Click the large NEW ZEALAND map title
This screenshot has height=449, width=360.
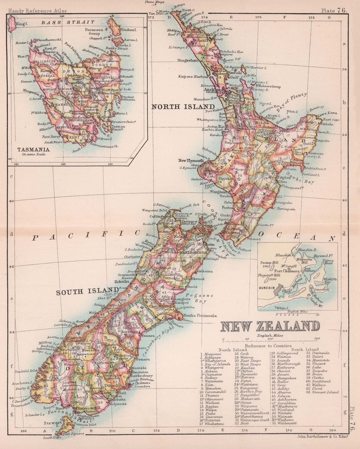[x=270, y=326]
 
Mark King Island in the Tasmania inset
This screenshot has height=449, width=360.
[x=11, y=24]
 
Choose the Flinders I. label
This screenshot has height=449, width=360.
[x=131, y=29]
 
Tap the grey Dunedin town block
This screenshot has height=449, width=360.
[x=279, y=291]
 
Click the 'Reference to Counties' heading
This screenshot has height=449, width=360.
[x=269, y=345]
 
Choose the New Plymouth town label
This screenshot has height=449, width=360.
[x=191, y=160]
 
